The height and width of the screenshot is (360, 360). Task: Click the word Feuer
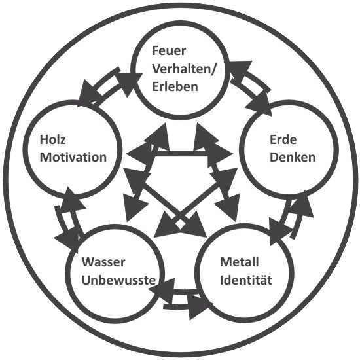169,51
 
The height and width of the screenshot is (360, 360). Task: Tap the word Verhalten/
184,69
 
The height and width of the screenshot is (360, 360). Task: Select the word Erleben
175,87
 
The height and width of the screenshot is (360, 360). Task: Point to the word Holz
53,139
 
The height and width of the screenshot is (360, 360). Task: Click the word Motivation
73,158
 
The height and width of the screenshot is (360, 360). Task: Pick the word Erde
283,139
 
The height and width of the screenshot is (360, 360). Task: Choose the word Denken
293,158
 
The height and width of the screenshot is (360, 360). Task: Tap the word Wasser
103,262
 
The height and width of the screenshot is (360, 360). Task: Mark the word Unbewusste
118,280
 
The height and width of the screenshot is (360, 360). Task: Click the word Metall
239,262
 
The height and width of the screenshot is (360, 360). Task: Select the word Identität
246,280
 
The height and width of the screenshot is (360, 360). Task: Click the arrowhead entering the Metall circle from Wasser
199,307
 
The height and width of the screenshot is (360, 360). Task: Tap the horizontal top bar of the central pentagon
181,154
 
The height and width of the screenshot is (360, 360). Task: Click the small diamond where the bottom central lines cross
180,225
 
